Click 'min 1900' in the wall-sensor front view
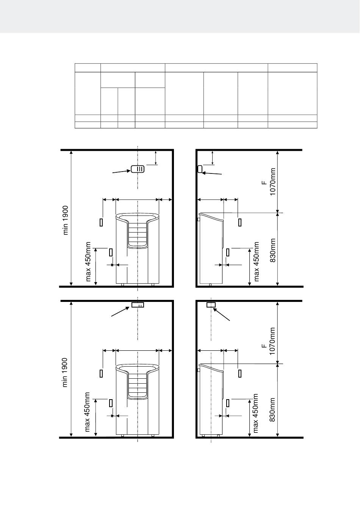[66, 220]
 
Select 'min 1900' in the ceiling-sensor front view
[65, 372]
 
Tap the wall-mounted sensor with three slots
[138, 169]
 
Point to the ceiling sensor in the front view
[138, 305]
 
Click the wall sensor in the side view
[200, 169]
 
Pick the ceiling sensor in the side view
[211, 305]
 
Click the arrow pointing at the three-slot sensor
[121, 172]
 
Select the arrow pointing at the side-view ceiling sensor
[221, 314]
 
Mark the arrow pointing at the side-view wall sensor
[212, 173]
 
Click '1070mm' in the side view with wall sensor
[273, 181]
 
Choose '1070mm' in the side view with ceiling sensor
[272, 341]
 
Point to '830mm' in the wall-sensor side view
[273, 250]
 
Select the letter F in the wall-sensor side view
[264, 183]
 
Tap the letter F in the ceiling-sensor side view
[264, 346]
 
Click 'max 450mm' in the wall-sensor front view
[88, 262]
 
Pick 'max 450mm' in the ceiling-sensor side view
[256, 413]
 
